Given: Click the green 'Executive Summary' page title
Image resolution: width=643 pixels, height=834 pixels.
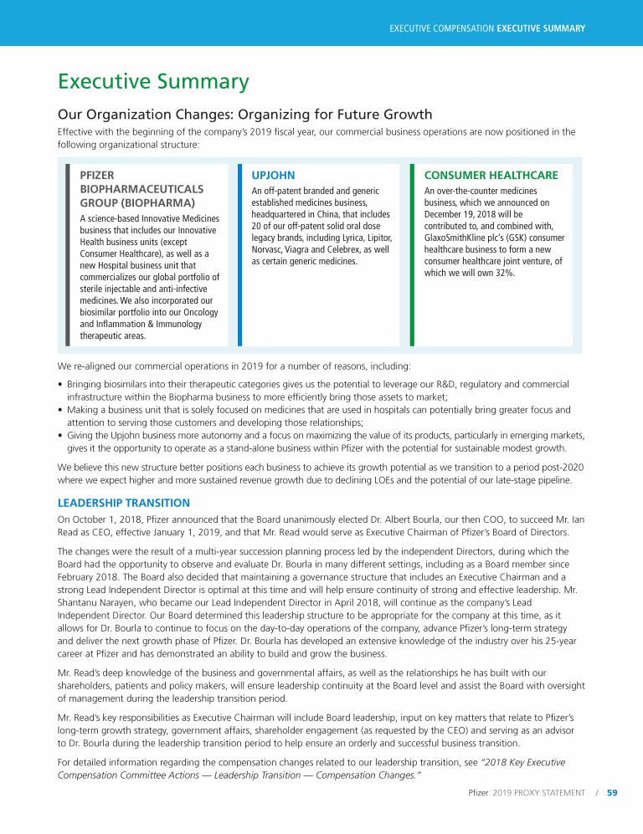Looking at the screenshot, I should pyautogui.click(x=153, y=82).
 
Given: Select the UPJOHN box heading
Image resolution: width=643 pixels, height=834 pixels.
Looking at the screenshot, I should pyautogui.click(x=273, y=176).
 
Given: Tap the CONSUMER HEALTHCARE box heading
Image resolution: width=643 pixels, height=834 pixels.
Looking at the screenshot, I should pyautogui.click(x=491, y=176).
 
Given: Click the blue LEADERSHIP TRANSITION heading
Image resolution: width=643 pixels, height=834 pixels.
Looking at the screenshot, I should pyautogui.click(x=123, y=503).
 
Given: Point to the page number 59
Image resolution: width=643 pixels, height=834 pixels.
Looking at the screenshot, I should pyautogui.click(x=612, y=793).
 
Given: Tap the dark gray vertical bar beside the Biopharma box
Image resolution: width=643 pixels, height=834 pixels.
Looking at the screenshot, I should pyautogui.click(x=68, y=254).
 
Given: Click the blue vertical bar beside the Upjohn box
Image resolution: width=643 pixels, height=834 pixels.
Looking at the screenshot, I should pyautogui.click(x=239, y=254).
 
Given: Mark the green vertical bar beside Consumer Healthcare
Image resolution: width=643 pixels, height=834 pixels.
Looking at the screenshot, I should pyautogui.click(x=412, y=254).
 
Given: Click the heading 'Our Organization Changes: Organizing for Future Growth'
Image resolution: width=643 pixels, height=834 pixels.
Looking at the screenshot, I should pyautogui.click(x=244, y=115).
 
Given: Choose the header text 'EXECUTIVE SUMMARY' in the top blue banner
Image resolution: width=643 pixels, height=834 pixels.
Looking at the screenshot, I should pyautogui.click(x=541, y=28).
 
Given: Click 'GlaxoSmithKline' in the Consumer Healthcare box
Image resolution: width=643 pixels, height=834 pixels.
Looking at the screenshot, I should pyautogui.click(x=457, y=238).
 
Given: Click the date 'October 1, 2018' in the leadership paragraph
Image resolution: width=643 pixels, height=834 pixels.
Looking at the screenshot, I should pyautogui.click(x=103, y=521).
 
